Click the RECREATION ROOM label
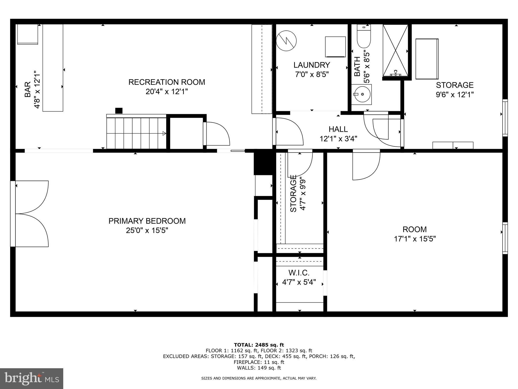[167, 82]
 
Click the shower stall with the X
[395, 50]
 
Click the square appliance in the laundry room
[335, 47]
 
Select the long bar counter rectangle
[53, 68]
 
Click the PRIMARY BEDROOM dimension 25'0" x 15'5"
[147, 231]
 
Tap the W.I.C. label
[299, 273]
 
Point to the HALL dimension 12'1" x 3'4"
[338, 139]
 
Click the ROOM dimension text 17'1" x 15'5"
[415, 239]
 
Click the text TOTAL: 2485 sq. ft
[259, 345]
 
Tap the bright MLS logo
[32, 378]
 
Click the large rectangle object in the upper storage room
[427, 59]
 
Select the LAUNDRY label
[312, 65]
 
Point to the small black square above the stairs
[119, 111]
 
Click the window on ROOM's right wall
[505, 238]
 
